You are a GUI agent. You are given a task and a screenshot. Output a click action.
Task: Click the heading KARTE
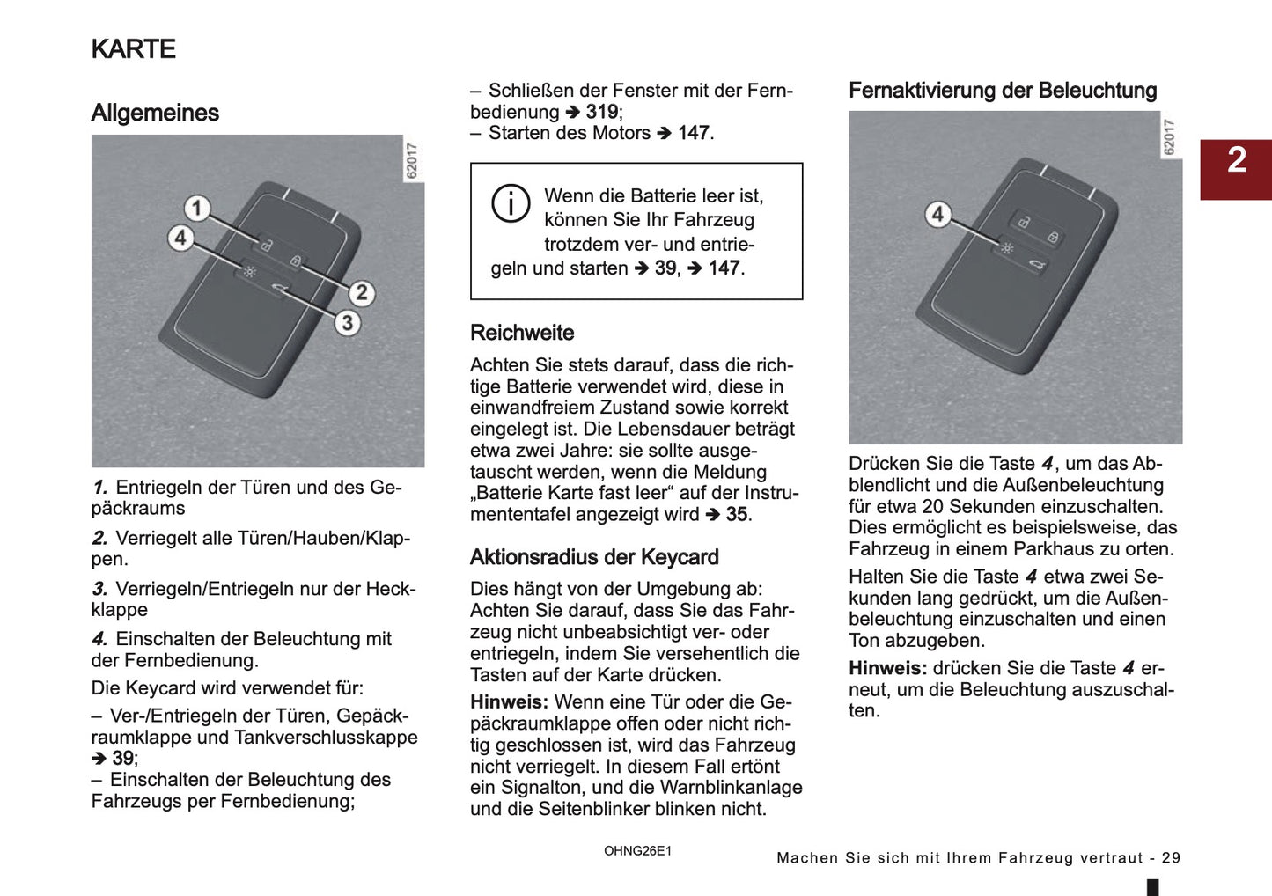pos(134,49)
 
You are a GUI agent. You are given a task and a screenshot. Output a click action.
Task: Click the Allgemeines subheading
pos(155,113)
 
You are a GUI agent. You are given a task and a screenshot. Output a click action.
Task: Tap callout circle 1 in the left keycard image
pos(197,209)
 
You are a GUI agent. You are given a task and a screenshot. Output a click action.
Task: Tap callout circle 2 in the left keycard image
pos(361,293)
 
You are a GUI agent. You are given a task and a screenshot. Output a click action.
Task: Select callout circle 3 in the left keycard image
pos(347,323)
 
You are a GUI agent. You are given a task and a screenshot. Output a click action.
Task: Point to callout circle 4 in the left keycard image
pos(180,238)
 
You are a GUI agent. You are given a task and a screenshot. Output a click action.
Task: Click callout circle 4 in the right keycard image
pos(937,214)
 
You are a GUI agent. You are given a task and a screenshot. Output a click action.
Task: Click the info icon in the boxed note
pos(511,203)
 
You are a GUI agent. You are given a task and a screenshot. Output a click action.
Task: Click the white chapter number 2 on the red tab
pos(1237,160)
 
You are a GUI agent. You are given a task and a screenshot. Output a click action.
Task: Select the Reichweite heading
pos(522,333)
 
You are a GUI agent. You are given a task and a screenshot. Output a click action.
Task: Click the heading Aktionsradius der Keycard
pos(594,557)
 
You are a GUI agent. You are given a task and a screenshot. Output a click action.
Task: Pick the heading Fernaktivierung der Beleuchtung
pos(1003,91)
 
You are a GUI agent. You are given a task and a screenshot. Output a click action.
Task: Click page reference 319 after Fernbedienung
pos(602,112)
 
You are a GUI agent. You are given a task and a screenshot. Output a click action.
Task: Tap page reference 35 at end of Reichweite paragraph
pos(737,514)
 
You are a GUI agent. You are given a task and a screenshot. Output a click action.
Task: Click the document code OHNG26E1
pos(637,851)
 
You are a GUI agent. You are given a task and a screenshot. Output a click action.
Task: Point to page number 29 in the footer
pos(1171,857)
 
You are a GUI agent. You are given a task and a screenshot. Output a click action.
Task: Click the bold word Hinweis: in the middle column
pos(509,702)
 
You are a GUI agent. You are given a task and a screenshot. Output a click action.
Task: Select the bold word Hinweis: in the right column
pos(887,668)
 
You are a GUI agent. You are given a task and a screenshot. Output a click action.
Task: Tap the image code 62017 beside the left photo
pos(412,161)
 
